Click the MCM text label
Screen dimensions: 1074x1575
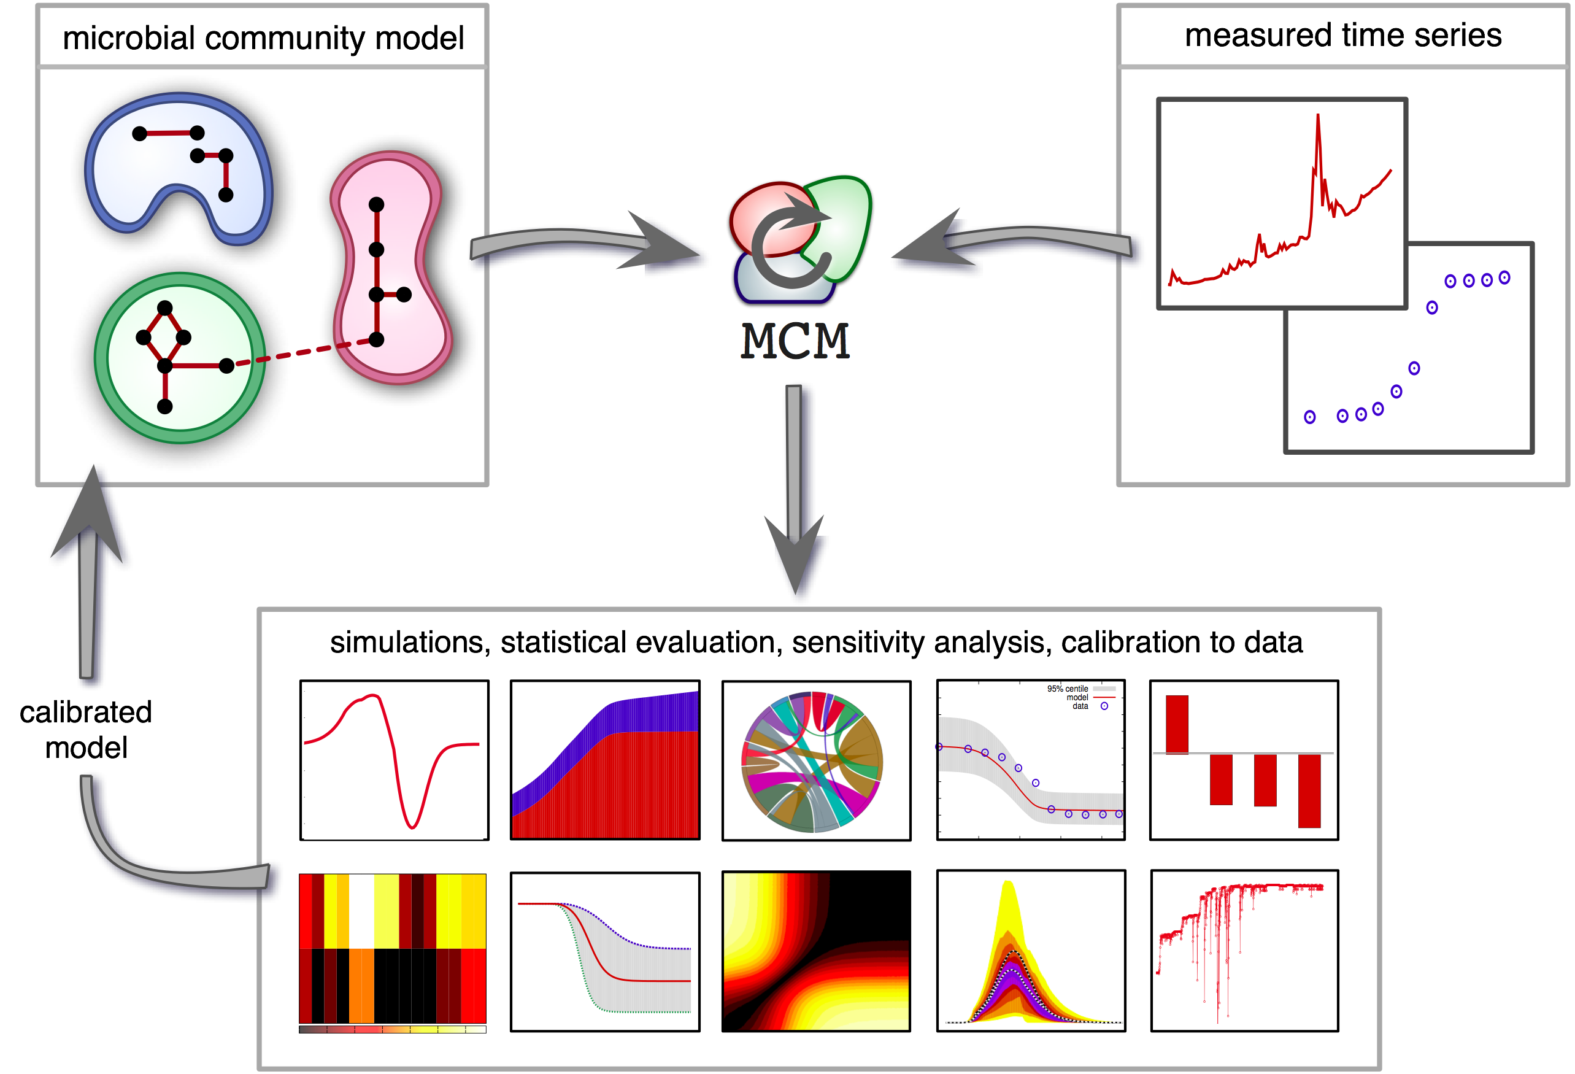[x=795, y=341]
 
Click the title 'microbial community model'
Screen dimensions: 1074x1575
[x=263, y=38]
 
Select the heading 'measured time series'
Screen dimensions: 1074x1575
[x=1342, y=35]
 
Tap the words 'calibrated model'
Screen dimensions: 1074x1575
[x=86, y=730]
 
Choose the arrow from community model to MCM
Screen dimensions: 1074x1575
[x=590, y=244]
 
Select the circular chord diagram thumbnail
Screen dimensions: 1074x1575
[x=812, y=761]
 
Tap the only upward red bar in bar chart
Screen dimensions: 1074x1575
[x=1177, y=724]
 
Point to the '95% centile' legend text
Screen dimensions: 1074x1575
[x=1067, y=689]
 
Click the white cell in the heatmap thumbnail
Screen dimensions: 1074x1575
[x=361, y=910]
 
